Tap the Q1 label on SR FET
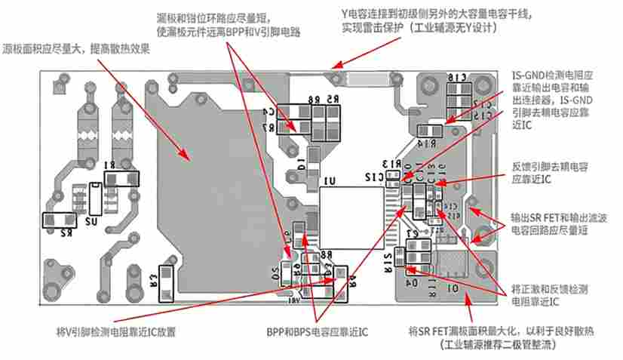coord(453,288)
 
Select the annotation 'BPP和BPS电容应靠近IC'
coord(317,331)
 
